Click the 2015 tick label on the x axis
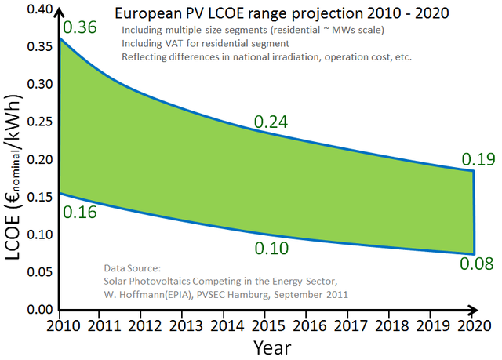tap(265, 325)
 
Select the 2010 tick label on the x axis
tap(58, 325)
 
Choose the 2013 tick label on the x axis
tap(182, 325)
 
